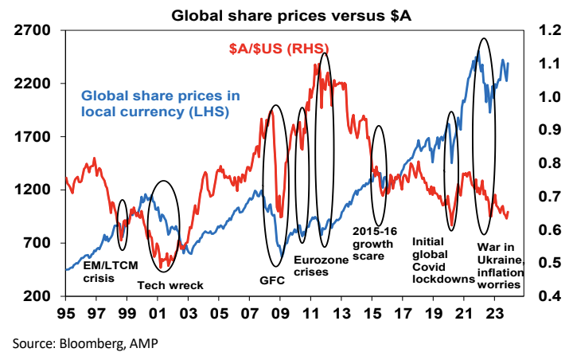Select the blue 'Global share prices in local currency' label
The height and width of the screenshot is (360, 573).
click(x=159, y=104)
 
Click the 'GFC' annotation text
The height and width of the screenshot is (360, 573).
click(x=272, y=280)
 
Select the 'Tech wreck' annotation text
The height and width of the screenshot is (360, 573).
click(x=171, y=285)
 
